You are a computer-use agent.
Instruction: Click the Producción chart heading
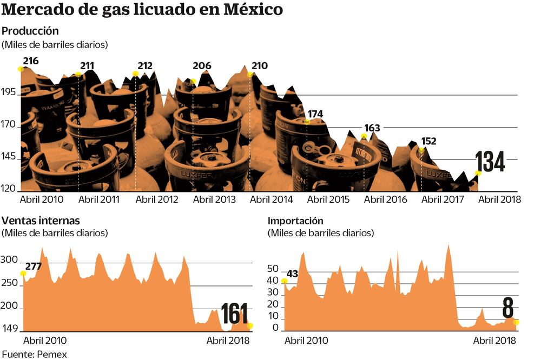click(x=30, y=31)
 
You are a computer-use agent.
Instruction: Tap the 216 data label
click(x=31, y=61)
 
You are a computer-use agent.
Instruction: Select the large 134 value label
click(x=490, y=162)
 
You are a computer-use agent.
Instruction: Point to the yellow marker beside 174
click(x=307, y=122)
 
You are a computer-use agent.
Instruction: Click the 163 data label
click(x=372, y=128)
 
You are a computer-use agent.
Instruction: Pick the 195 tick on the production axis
click(x=9, y=95)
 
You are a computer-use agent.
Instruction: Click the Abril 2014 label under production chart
click(x=271, y=199)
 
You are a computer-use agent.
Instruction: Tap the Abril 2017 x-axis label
click(x=442, y=199)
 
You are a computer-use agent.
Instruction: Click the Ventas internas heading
click(x=41, y=221)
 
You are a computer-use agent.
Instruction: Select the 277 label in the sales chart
click(x=33, y=266)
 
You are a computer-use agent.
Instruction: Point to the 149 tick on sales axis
click(x=10, y=329)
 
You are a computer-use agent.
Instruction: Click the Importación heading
click(x=295, y=221)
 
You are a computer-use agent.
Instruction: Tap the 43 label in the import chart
click(x=293, y=274)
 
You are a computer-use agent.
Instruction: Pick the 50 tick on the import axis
click(x=273, y=269)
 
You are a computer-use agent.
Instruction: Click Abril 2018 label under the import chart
click(x=494, y=341)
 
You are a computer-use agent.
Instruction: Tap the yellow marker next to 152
click(x=421, y=150)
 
